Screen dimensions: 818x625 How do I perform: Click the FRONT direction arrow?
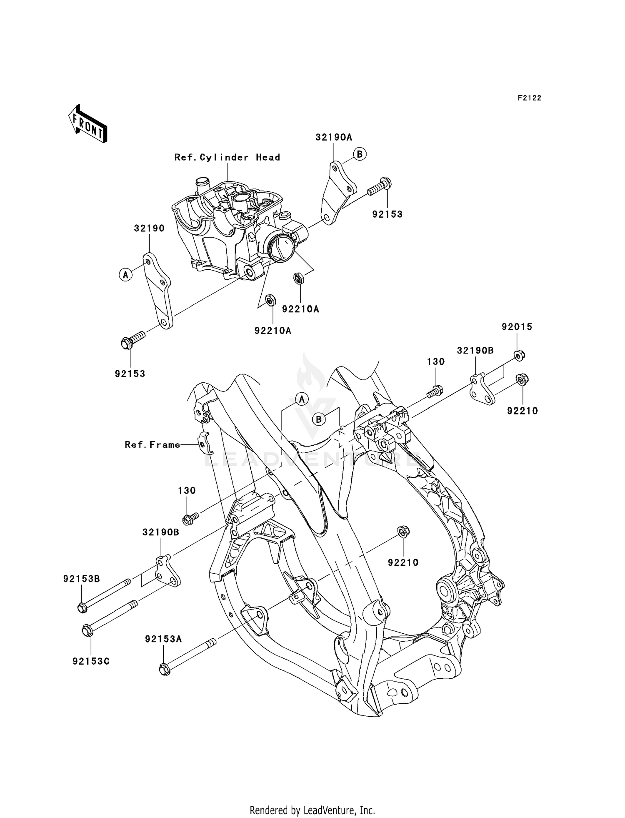coord(88,125)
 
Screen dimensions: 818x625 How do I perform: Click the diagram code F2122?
coord(529,98)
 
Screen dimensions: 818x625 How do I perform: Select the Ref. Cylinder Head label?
coord(227,157)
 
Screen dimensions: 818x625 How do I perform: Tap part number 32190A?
coord(334,137)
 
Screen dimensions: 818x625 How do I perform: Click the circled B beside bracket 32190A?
coord(360,154)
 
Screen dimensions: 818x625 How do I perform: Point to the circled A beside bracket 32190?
coord(125,274)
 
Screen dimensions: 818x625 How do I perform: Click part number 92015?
coord(517,327)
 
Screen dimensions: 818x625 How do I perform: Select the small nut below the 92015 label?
coord(519,355)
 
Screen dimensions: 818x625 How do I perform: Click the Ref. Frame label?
coord(152,445)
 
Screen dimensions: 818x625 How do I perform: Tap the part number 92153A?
coord(163,639)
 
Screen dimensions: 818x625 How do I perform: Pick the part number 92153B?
coord(82,579)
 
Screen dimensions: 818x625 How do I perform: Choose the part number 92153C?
coord(91,661)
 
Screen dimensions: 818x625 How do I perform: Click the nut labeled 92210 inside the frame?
coord(402,532)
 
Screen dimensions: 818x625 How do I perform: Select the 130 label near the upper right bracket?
coord(435,362)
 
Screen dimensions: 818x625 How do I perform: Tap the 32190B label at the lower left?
coord(161,532)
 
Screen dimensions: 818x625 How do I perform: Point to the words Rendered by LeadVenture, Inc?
coord(312,810)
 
